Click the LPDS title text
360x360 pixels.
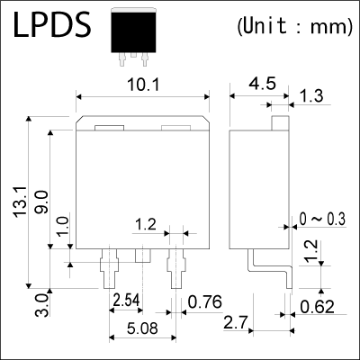(x=51, y=27)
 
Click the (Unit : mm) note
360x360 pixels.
(x=293, y=26)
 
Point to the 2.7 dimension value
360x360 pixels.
(x=237, y=322)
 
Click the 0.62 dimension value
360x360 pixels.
(x=320, y=306)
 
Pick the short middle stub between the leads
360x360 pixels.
(x=142, y=256)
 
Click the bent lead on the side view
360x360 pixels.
(x=270, y=266)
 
